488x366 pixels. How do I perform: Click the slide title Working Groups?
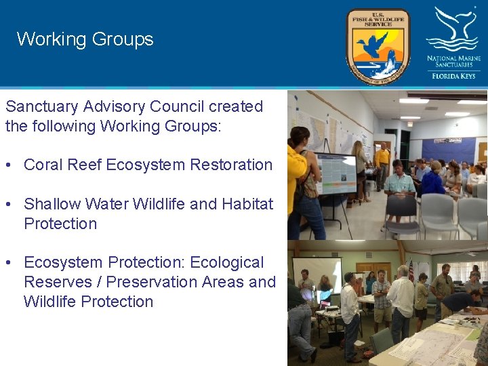tap(85, 39)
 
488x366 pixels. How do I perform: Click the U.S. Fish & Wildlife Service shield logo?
tap(378, 46)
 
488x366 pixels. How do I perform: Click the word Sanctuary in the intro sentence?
tap(41, 107)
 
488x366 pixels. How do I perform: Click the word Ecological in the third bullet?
tap(227, 262)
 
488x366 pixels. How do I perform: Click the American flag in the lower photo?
tap(411, 270)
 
